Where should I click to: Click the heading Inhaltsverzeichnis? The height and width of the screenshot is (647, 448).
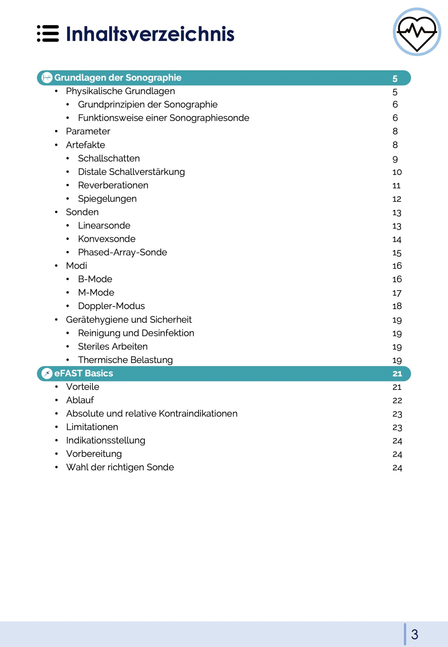coord(150,34)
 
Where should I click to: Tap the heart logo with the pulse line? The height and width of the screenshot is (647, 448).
coord(417,32)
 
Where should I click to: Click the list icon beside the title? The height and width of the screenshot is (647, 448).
coord(48,34)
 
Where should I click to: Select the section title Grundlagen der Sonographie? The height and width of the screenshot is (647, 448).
coord(118,78)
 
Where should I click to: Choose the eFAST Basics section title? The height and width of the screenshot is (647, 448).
coord(83,373)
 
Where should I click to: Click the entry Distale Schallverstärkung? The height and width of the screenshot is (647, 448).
coord(131,172)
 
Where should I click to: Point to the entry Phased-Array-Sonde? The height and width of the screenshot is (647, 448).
coord(122,252)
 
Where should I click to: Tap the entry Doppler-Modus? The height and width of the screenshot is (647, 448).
coord(111,306)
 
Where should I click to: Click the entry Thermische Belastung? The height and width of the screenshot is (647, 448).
coord(125,360)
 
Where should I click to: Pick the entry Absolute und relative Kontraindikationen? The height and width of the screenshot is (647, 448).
coord(151,414)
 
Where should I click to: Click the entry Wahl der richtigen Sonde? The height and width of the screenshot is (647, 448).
coord(120,467)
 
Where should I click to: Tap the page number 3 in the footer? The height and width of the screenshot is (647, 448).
coord(415,635)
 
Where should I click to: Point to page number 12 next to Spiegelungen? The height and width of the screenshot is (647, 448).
coord(397,199)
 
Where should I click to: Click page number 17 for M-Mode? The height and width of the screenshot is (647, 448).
coord(397,293)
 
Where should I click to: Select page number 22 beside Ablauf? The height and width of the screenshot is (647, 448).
coord(397,400)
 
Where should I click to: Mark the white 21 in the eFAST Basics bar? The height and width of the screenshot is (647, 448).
coord(397,374)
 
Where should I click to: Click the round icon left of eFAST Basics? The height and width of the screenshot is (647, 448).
coord(47,373)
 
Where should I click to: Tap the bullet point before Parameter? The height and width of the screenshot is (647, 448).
coord(56,131)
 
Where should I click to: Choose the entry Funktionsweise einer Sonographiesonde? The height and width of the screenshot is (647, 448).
coord(163,118)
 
